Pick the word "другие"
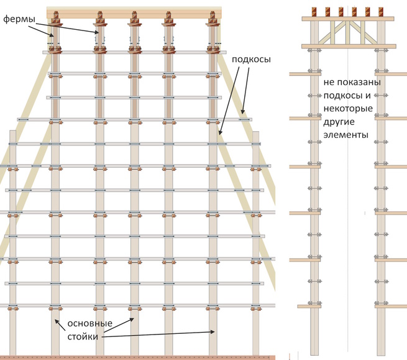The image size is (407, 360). (339, 122)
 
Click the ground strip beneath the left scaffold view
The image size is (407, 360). (137, 357)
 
